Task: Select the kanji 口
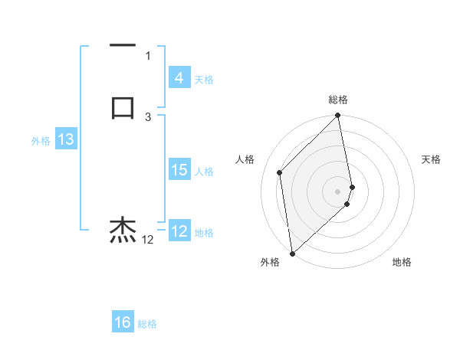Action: coord(123,107)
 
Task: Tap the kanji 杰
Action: coord(123,230)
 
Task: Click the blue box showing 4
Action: coord(179,78)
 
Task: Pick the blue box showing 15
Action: coord(179,170)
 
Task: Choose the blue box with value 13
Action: coord(65,139)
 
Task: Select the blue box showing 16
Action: coord(123,322)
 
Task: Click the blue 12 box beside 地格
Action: coord(179,231)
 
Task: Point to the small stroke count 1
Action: coord(148,56)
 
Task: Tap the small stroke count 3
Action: coord(148,117)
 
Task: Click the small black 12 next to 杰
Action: coord(148,240)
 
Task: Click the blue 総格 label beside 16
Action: coord(147,324)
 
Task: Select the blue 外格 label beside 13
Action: coord(41,141)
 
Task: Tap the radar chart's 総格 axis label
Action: coord(338,100)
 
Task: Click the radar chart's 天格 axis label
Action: coord(431,159)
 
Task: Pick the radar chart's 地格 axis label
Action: coord(402,262)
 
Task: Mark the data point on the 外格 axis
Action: coord(292,254)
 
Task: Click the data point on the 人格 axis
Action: coord(280,172)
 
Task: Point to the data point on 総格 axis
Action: coord(338,116)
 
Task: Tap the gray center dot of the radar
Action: coord(338,191)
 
